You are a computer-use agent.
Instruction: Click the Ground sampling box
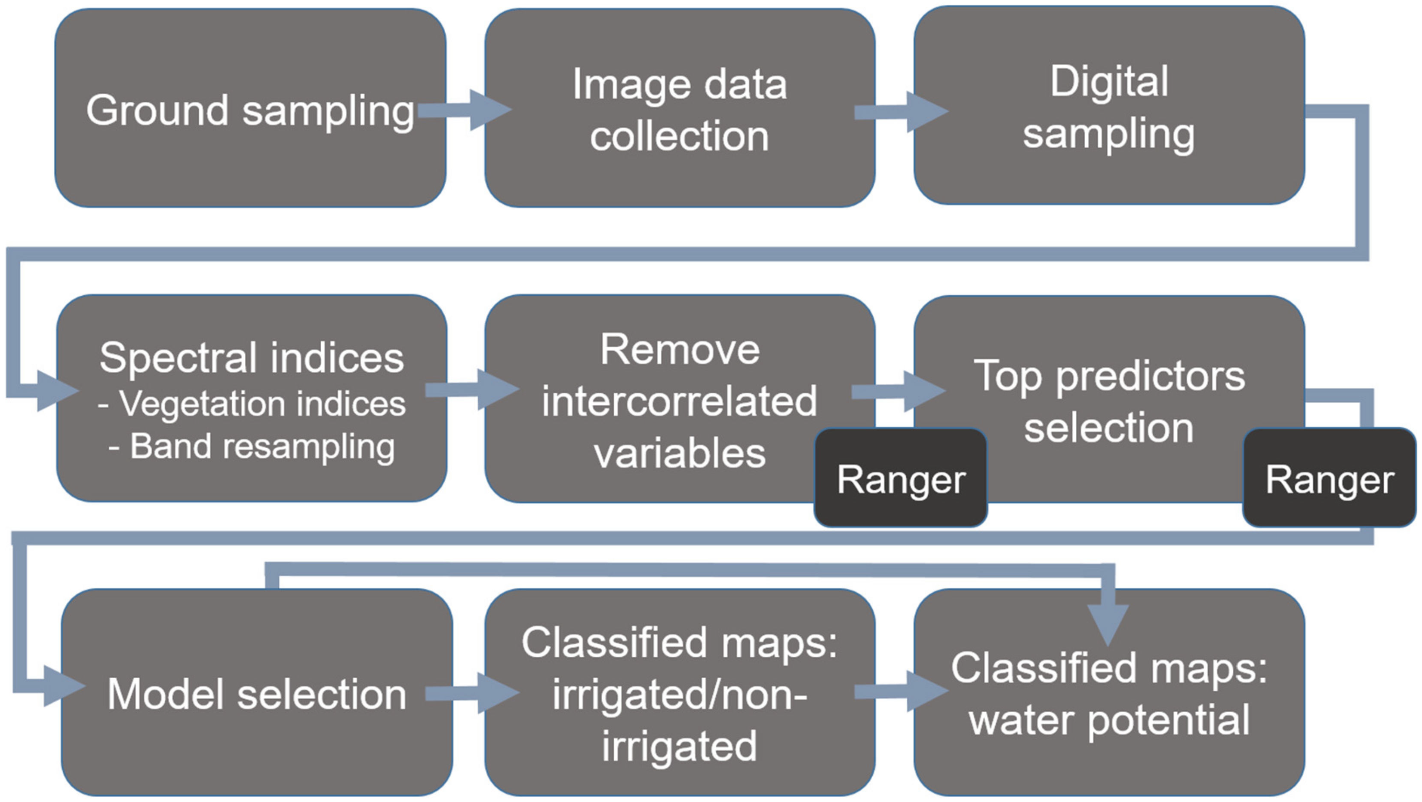(249, 109)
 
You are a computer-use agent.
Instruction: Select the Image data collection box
(679, 109)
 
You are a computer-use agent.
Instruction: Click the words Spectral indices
(252, 358)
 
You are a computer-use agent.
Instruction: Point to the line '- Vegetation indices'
(252, 404)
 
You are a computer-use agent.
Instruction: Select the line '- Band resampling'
(252, 446)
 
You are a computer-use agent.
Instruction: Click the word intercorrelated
(679, 401)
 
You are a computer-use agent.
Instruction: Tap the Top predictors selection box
(1108, 401)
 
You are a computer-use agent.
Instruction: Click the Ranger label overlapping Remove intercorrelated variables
(900, 479)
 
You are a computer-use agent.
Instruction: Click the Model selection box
(257, 693)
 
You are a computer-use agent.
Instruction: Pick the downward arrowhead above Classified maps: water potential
(1108, 624)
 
